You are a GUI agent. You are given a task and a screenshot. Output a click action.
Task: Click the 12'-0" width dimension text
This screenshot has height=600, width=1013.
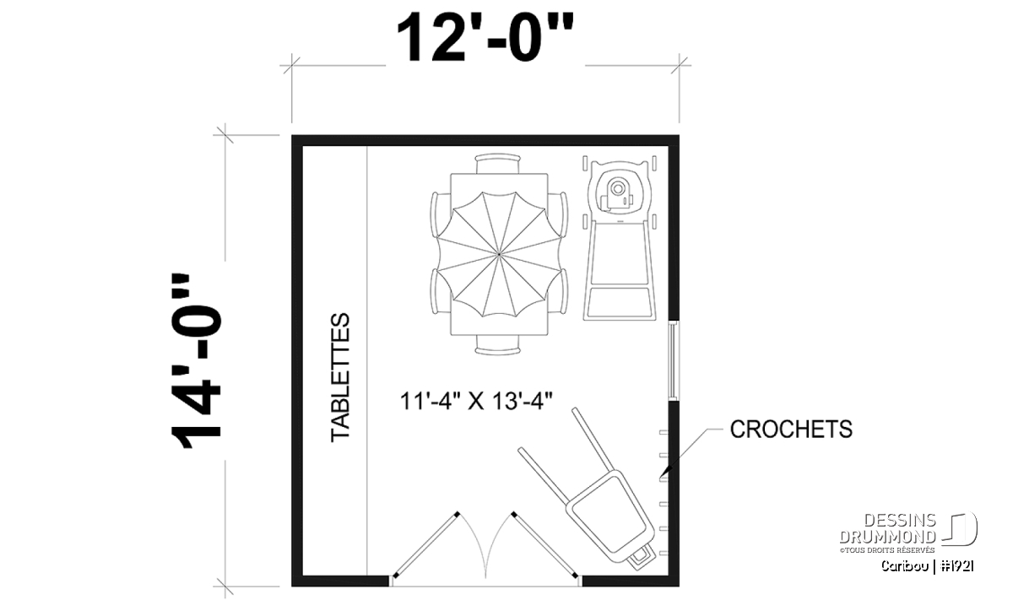pyautogui.click(x=485, y=37)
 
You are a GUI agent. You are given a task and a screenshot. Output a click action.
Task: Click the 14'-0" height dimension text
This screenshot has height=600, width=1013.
pyautogui.click(x=196, y=361)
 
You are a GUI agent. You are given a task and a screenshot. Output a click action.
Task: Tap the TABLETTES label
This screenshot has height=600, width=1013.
pyautogui.click(x=340, y=377)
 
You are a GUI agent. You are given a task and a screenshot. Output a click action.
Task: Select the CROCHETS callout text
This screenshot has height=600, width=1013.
pyautogui.click(x=791, y=429)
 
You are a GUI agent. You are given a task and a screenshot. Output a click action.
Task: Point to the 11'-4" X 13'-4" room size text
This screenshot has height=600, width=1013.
pyautogui.click(x=476, y=401)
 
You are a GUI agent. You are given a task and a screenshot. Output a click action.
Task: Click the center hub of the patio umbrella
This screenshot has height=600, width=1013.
pyautogui.click(x=499, y=255)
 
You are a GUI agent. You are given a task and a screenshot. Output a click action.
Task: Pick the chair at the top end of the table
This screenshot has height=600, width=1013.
pyautogui.click(x=498, y=164)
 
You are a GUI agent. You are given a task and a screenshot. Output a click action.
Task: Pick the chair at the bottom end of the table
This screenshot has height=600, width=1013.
pyautogui.click(x=497, y=345)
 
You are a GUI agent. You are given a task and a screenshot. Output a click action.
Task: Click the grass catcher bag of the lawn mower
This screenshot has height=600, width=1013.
pyautogui.click(x=620, y=302)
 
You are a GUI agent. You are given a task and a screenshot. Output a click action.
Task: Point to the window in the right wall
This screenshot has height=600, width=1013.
pyautogui.click(x=674, y=360)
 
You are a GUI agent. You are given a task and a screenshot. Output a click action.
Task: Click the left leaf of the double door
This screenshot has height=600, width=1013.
pyautogui.click(x=426, y=545)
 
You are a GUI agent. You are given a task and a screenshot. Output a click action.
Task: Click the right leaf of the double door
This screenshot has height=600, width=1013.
pyautogui.click(x=544, y=545)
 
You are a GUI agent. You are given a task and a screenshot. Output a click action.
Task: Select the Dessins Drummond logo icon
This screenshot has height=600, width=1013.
pyautogui.click(x=960, y=529)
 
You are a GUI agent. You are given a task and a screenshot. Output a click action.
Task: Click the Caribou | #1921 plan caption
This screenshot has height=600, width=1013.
pyautogui.click(x=927, y=566)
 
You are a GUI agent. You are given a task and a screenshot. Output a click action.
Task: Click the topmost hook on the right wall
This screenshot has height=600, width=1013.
pyautogui.click(x=664, y=433)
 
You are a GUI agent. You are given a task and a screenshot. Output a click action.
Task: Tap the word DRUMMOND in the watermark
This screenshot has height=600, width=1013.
pyautogui.click(x=888, y=537)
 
